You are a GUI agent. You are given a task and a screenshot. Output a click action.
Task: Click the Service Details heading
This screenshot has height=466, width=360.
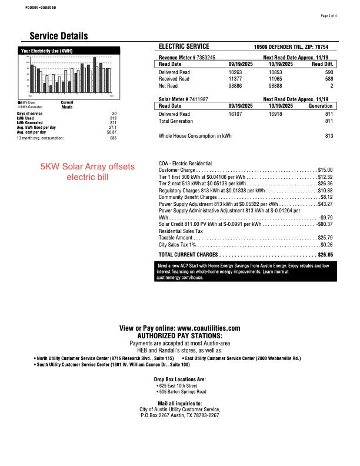pos(59,36)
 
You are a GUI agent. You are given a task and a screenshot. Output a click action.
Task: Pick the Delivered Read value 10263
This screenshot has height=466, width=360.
pos(235,71)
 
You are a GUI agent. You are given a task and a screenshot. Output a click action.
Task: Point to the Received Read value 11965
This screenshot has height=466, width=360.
pos(276,78)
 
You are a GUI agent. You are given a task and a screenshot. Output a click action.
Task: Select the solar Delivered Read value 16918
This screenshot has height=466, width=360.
pos(276,114)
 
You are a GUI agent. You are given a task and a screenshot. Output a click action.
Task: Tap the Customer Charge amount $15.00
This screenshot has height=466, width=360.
pos(325,169)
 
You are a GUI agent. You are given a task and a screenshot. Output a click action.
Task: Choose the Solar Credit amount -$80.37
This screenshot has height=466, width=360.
pos(324,224)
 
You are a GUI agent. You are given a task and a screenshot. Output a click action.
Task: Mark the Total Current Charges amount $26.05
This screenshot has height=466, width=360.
pos(325,255)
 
